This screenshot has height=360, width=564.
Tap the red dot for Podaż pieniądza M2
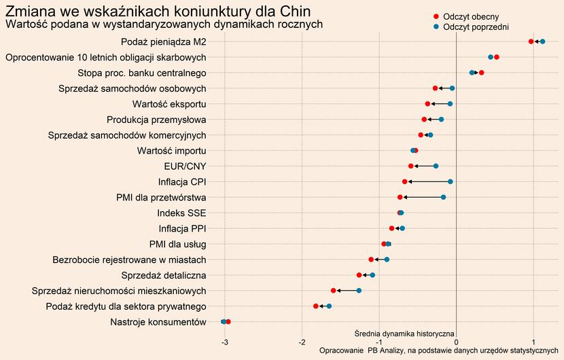[531, 42]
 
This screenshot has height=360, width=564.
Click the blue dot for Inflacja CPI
[451, 181]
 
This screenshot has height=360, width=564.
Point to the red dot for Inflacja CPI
[404, 181]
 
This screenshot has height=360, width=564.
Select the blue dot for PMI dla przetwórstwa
[444, 197]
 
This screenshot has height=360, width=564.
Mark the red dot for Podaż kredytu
[316, 306]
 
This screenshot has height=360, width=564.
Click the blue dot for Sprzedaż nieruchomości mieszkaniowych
[359, 291]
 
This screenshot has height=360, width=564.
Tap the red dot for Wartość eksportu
[427, 104]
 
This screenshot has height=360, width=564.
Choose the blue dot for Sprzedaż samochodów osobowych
[452, 88]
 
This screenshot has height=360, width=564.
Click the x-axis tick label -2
[302, 342]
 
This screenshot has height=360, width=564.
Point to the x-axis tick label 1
[533, 342]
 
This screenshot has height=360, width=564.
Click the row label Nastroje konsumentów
[157, 322]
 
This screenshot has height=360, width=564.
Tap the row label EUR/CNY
[186, 166]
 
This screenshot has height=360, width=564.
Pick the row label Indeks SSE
[181, 213]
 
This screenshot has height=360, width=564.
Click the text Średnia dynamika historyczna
[404, 334]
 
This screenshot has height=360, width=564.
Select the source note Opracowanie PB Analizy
[438, 350]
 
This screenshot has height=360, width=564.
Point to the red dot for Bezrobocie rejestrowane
[371, 259]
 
